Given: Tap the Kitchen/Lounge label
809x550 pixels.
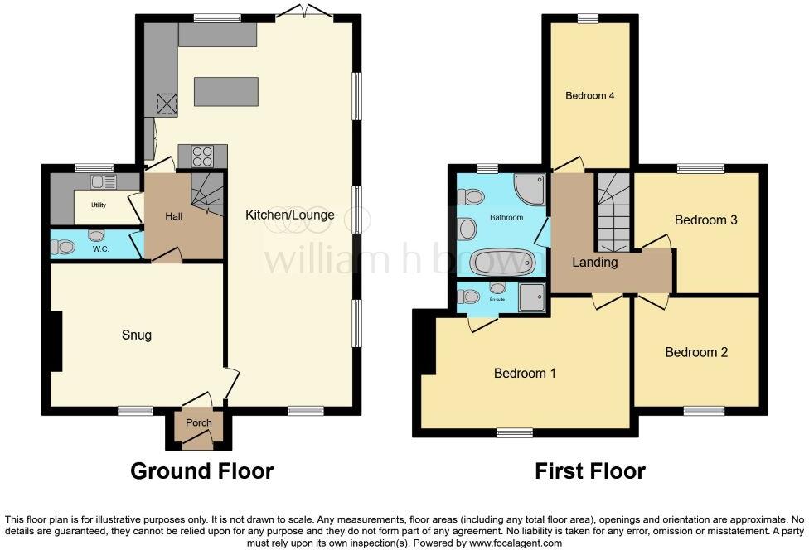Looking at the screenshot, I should point(289,215).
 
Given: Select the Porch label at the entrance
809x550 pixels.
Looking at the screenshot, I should point(199,422).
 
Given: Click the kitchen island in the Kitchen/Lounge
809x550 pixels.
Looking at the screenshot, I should point(226,91).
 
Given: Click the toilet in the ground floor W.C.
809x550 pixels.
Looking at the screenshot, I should point(62,247).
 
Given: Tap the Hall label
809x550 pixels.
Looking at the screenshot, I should point(174,216).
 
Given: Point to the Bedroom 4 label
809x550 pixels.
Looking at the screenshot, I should point(589,96).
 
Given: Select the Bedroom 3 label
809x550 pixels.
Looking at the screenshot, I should point(705,220).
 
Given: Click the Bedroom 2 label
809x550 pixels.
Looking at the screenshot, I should point(696,352).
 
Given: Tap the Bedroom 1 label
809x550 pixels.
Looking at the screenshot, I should point(525,374).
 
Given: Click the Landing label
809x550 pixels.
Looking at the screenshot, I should point(595,263).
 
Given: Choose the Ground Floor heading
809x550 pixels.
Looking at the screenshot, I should point(201,471).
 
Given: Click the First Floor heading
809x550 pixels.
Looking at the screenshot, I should point(589,471).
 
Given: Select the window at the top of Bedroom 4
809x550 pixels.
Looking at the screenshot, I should point(589,18).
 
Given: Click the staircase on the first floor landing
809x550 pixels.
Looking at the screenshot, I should point(613,213).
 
